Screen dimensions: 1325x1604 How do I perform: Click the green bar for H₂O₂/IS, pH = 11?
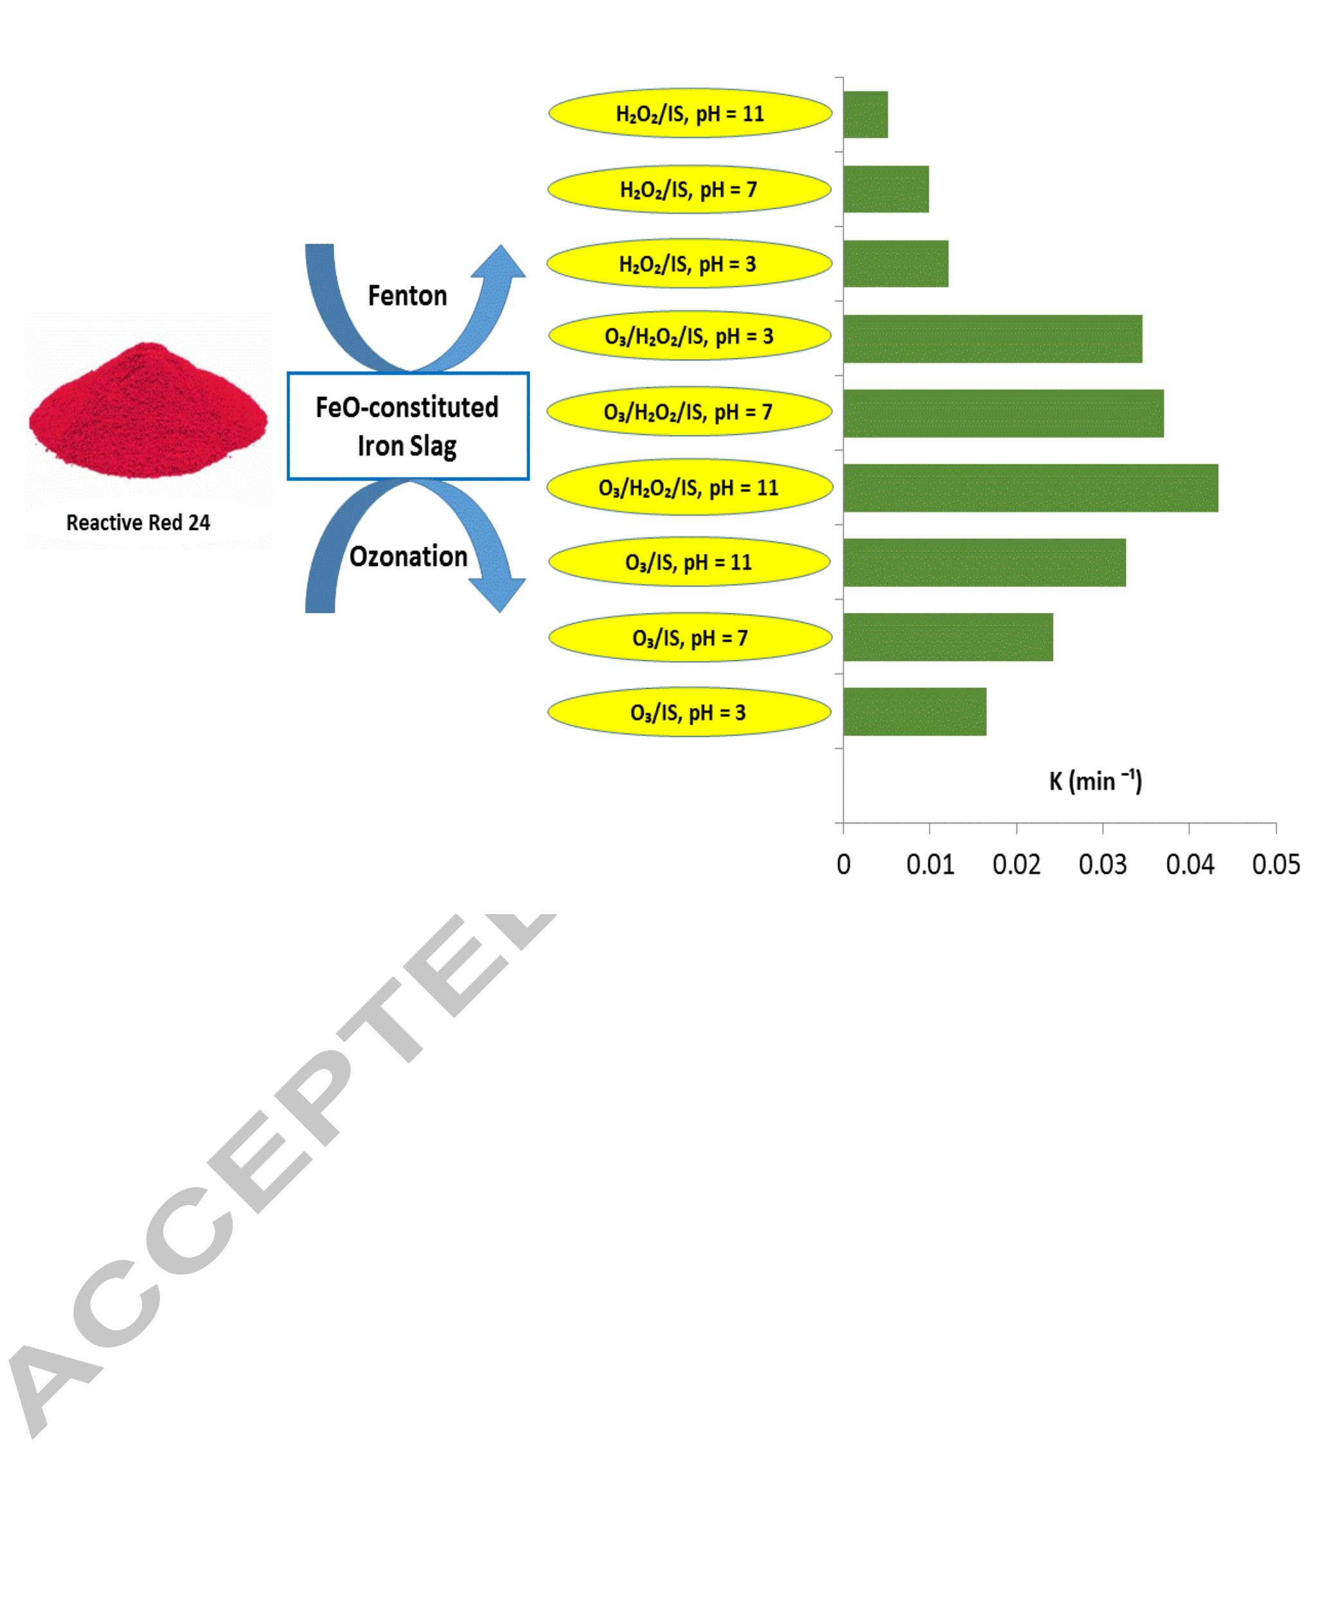(x=866, y=114)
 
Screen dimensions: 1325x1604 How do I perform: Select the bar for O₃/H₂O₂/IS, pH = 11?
(x=1031, y=488)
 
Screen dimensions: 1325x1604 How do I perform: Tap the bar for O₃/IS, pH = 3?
(x=914, y=711)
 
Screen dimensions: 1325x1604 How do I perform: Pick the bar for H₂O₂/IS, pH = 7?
(x=886, y=189)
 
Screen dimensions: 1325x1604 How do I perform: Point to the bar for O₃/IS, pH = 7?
(x=948, y=637)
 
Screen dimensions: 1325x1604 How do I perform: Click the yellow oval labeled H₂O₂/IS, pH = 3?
(x=689, y=263)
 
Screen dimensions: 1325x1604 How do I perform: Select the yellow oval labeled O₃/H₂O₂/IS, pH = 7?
(x=689, y=411)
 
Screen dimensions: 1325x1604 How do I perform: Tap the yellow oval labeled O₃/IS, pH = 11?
(x=689, y=562)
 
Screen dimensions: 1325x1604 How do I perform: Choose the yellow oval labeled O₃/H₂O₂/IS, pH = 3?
(x=690, y=336)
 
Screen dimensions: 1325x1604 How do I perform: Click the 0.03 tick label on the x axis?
(x=1102, y=865)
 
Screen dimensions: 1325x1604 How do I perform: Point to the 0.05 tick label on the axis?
(x=1276, y=865)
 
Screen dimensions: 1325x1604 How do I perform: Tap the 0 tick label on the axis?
(x=844, y=865)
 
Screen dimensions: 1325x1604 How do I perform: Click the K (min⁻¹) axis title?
(x=1095, y=780)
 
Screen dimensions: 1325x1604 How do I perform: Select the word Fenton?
(x=407, y=295)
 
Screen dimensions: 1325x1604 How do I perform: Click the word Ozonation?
(x=408, y=556)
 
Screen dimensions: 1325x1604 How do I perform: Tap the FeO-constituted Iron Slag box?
(x=408, y=426)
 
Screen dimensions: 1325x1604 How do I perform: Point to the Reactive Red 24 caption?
(x=138, y=523)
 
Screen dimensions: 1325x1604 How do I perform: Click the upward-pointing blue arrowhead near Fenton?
(x=499, y=261)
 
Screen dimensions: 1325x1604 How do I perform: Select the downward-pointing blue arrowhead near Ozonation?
(x=497, y=595)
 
